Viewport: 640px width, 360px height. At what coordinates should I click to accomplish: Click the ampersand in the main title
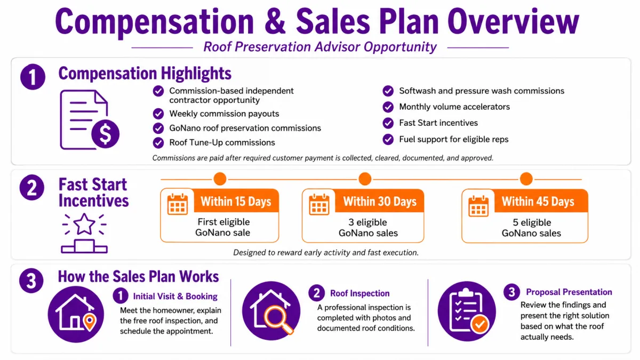pos(275,22)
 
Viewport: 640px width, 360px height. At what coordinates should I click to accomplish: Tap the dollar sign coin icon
pos(105,134)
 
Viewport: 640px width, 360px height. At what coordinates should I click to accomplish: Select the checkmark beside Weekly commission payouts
pos(158,114)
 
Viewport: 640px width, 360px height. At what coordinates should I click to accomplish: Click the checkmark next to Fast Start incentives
pos(388,123)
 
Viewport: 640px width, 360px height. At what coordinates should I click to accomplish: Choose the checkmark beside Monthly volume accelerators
pos(388,107)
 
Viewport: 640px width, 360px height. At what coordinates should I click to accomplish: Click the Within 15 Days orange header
pos(236,201)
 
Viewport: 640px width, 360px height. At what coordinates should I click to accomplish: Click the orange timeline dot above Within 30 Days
pos(365,179)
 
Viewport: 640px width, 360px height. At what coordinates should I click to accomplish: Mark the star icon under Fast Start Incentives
pos(84,223)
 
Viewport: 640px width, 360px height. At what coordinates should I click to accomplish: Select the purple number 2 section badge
pos(31,187)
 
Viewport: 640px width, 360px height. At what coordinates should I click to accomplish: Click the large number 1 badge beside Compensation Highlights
pos(33,77)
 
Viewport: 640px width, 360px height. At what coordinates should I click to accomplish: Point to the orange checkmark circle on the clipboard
pos(479,324)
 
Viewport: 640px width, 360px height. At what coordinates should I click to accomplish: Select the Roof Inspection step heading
pos(359,293)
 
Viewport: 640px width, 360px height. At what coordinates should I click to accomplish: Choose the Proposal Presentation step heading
pos(569,292)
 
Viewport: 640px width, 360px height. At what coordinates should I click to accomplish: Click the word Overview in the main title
pos(513,22)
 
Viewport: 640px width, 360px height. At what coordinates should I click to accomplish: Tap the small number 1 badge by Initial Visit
pos(121,295)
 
